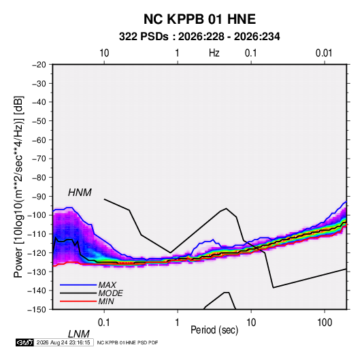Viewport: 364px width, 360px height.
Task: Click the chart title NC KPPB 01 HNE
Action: (199, 19)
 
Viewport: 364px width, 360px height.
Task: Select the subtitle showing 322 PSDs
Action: (199, 37)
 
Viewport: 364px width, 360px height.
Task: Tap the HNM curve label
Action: (80, 193)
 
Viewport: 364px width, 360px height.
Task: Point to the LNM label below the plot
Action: (78, 334)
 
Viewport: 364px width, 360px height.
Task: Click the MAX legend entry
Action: (107, 284)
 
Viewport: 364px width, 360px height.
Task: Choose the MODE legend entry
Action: (110, 293)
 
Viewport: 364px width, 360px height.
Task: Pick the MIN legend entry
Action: (106, 301)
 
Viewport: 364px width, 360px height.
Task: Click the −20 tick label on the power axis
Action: (39, 65)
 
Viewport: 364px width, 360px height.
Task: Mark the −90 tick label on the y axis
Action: (39, 197)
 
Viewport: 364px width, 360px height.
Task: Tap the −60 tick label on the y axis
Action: (39, 140)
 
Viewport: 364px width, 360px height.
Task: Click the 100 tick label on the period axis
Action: (325, 323)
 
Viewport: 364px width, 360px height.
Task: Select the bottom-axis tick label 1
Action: (177, 323)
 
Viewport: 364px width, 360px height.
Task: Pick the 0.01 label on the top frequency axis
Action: (324, 53)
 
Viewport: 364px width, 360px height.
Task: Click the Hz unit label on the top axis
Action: (214, 53)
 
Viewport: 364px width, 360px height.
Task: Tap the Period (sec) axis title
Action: (214, 330)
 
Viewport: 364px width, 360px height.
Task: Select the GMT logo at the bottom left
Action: (24, 342)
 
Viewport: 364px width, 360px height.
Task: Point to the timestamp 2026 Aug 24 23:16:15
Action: (63, 342)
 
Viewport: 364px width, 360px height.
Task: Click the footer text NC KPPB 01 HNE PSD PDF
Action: (127, 342)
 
